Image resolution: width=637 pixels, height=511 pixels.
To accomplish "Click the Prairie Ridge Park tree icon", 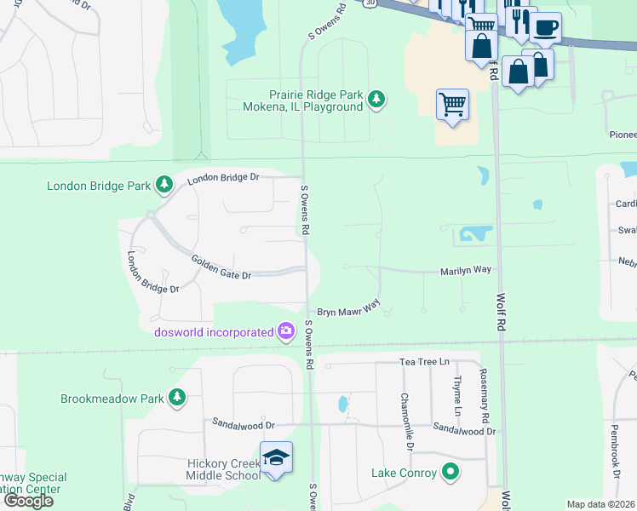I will (x=376, y=101).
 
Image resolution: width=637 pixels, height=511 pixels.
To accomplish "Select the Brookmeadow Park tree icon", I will (x=176, y=398).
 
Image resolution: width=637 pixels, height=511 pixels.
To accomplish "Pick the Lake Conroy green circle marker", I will (x=450, y=473).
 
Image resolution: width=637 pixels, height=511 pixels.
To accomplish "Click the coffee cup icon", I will (x=545, y=26).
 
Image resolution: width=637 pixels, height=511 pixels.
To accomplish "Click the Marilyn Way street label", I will (x=465, y=270).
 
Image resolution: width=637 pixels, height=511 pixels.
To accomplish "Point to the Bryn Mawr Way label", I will (x=348, y=307).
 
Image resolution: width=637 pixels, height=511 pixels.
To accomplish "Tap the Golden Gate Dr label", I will (x=221, y=268).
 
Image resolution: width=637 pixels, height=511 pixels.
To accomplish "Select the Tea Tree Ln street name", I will (x=424, y=362).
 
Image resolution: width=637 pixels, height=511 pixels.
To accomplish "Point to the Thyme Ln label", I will (x=457, y=399).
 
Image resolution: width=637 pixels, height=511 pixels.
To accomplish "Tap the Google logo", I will (x=28, y=501).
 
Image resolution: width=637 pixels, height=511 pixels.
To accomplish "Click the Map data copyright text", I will (x=601, y=504).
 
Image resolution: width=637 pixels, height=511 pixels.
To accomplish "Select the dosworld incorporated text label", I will (x=213, y=332).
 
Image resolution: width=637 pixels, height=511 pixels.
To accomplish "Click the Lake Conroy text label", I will (x=404, y=473).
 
